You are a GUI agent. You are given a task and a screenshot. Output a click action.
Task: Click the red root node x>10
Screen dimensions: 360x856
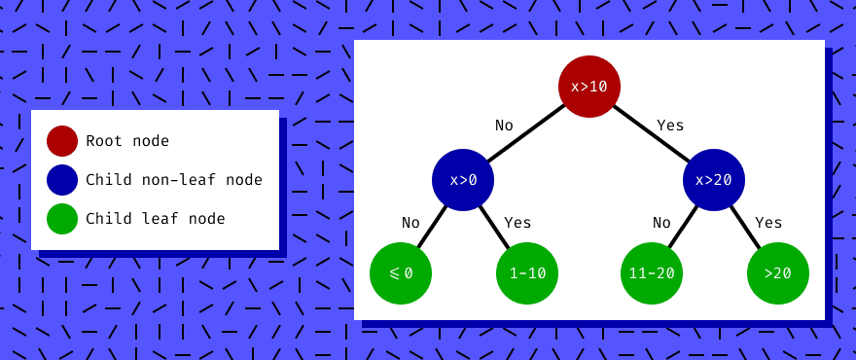[x=588, y=87]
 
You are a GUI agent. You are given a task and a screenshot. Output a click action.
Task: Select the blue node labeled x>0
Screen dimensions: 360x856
[x=463, y=180]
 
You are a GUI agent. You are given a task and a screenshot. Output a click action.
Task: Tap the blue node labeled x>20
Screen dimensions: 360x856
[x=714, y=180]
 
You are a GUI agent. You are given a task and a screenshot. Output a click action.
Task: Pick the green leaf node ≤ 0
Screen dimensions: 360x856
[x=400, y=273]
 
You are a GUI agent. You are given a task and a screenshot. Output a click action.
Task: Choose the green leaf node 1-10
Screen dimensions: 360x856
[x=526, y=273]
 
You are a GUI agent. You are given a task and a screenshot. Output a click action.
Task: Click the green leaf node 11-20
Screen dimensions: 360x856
[x=651, y=273]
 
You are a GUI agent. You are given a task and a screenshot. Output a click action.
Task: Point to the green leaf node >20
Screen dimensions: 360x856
[x=777, y=273]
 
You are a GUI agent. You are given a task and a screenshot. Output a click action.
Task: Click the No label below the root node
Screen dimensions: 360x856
[x=504, y=126]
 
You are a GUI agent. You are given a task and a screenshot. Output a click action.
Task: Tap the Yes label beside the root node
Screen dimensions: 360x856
[x=670, y=126]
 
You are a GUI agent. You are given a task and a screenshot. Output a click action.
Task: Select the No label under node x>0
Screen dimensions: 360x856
[x=410, y=223]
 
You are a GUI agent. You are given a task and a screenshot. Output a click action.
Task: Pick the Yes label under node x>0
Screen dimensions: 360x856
[x=517, y=223]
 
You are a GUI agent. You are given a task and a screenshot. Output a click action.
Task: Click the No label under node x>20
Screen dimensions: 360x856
[x=661, y=223]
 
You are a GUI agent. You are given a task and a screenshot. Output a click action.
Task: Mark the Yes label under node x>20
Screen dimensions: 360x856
[x=768, y=223]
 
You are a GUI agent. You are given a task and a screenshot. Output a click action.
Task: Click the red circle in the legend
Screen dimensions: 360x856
[x=62, y=141]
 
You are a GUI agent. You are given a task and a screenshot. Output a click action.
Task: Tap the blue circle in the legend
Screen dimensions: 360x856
[x=62, y=180]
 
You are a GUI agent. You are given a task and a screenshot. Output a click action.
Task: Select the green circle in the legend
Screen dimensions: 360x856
[x=62, y=219]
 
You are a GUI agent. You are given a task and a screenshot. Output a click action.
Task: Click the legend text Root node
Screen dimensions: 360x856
[x=127, y=141]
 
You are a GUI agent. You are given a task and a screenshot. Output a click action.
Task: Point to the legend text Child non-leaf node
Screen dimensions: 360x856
[x=174, y=180]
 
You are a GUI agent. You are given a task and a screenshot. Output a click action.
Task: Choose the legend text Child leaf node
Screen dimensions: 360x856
[x=156, y=219]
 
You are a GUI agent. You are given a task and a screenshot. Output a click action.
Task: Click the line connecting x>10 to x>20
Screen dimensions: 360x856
[x=652, y=133]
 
